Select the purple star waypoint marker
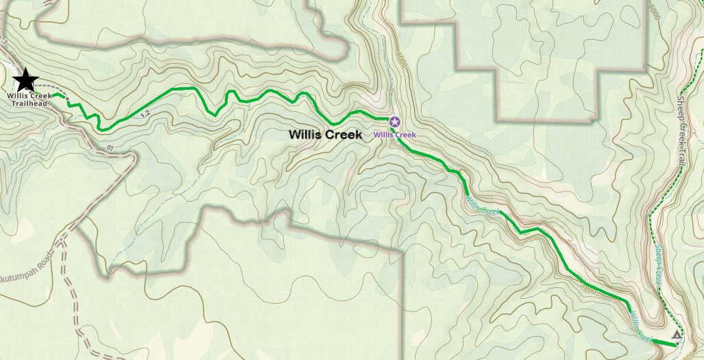point(394,122)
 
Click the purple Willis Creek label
point(394,135)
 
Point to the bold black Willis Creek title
point(325,135)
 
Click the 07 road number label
point(110,147)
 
